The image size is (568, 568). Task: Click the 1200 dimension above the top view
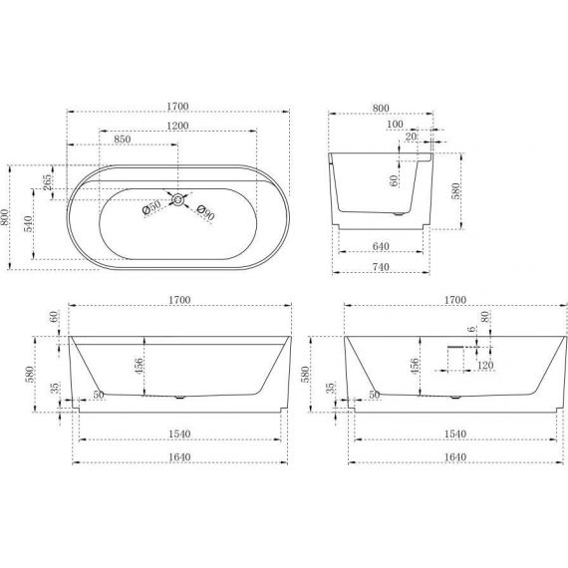point(177,126)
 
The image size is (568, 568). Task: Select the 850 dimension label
point(123,140)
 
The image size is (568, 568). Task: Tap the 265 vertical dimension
point(47,182)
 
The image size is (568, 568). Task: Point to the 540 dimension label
point(29,224)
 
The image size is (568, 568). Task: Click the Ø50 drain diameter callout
point(151,207)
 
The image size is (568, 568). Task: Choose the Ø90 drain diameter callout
point(205,212)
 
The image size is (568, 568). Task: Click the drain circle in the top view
point(177,199)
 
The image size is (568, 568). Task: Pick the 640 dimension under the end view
point(381,246)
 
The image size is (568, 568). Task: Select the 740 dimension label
point(381,267)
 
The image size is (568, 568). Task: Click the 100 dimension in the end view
point(395,124)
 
